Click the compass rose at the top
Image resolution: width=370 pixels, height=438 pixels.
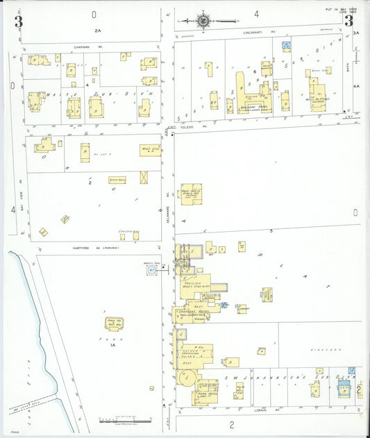(x=203, y=21)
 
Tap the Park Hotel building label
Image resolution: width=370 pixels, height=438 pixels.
(x=209, y=392)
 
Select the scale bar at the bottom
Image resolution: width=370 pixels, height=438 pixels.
(x=126, y=421)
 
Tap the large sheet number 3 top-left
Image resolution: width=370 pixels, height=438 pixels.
(x=19, y=22)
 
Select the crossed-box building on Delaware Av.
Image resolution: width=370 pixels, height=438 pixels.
(x=144, y=177)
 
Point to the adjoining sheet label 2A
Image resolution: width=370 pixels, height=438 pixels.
(x=99, y=31)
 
